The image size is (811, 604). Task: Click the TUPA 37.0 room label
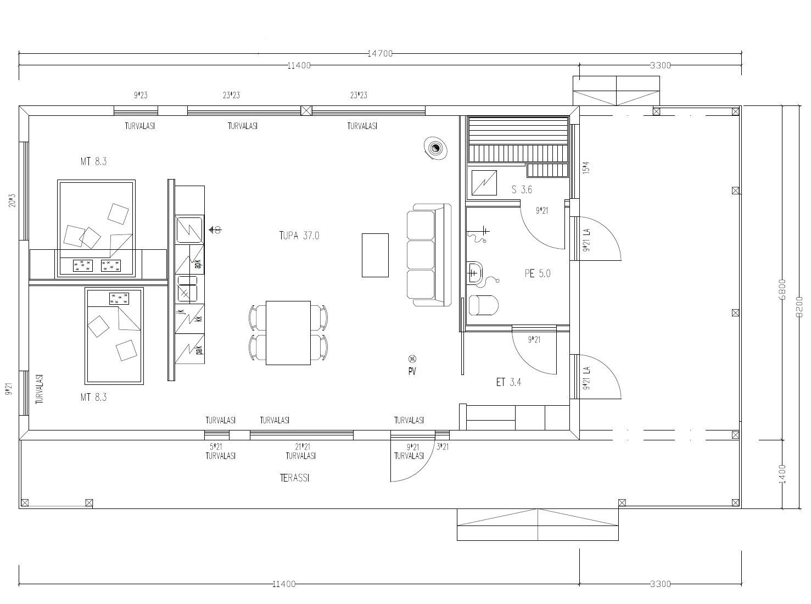pos(299,236)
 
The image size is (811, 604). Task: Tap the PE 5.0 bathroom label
pos(537,273)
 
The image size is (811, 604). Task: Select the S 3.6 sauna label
pos(522,190)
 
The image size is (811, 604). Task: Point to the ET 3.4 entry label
pos(508,382)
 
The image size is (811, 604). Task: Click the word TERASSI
pos(294,478)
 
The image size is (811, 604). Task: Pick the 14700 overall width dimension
pos(379,53)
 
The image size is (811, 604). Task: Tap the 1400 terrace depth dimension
pos(782,473)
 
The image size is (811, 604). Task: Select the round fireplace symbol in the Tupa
pos(436,148)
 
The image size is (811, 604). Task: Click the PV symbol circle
pos(412,359)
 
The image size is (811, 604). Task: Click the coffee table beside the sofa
pos(375,255)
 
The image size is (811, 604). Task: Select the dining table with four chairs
pos(288,332)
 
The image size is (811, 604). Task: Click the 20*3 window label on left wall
pos(12,200)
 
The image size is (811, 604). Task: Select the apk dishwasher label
pos(197,265)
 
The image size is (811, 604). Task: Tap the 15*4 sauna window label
pos(586,167)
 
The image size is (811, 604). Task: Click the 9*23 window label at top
pos(141,95)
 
